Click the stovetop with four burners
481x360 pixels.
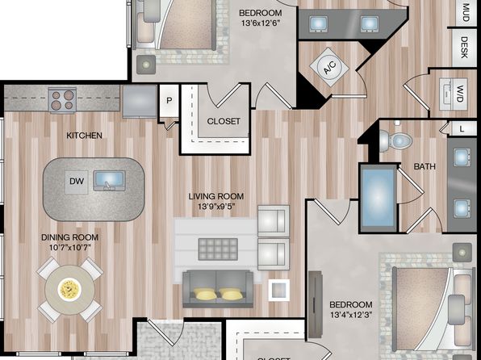62,100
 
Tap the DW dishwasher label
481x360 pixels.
77,182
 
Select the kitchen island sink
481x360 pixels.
109,180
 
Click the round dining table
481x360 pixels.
69,290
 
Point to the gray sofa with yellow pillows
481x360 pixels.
218,289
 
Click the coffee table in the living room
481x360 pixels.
218,249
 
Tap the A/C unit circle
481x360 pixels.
330,68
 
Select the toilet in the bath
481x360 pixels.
395,141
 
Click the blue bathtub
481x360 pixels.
379,198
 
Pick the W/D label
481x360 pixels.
459,94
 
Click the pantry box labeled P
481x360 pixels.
169,101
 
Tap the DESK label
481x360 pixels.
464,48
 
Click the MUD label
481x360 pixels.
466,12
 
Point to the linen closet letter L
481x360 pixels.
462,129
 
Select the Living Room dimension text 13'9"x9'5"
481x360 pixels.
216,207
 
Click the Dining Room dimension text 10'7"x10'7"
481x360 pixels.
70,247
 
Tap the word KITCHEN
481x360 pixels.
85,136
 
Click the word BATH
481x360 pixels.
425,166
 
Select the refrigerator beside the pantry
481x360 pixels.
140,101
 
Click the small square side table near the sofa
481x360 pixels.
279,290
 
